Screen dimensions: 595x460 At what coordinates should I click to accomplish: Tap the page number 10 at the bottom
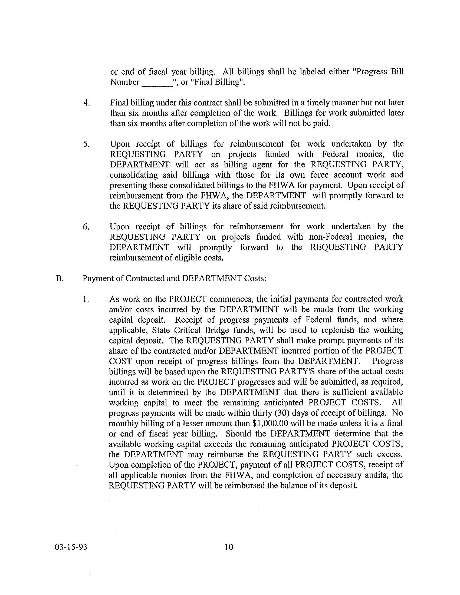pyautogui.click(x=229, y=547)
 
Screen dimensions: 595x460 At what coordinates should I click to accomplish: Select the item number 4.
pyautogui.click(x=86, y=103)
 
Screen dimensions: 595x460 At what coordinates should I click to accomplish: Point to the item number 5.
pyautogui.click(x=86, y=144)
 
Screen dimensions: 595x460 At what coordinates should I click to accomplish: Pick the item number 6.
pyautogui.click(x=86, y=227)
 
